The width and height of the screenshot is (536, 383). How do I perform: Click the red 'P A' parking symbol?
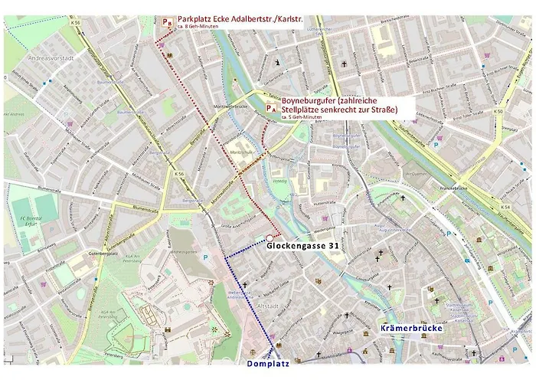click(271, 109)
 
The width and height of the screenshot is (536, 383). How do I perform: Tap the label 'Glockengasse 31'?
click(303, 247)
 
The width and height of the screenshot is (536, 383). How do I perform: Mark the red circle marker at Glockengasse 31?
click(269, 237)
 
